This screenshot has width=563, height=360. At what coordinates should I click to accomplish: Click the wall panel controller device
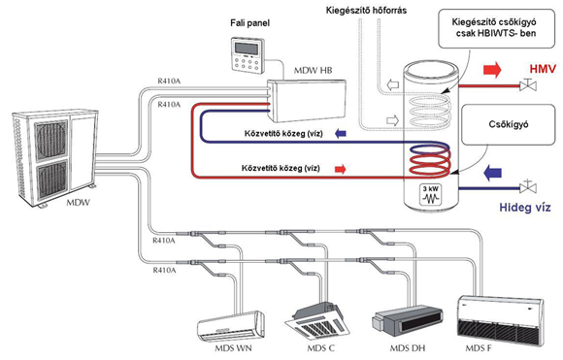[248, 55]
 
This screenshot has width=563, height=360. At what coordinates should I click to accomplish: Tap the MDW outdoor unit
[54, 157]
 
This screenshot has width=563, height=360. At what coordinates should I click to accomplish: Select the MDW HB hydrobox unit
[307, 101]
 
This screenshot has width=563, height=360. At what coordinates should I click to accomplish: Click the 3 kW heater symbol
[431, 195]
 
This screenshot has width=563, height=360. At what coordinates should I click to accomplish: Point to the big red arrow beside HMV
[492, 69]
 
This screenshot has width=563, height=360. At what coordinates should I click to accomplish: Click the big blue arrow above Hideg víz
[492, 173]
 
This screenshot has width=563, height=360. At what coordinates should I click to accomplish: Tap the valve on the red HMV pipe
[528, 85]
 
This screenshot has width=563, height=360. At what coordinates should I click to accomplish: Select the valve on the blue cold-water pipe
[528, 186]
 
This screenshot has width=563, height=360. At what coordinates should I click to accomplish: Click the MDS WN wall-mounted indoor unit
[231, 326]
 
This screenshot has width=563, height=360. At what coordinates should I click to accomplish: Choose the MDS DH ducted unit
[407, 320]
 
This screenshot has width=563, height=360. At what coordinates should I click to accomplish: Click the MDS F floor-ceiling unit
[500, 320]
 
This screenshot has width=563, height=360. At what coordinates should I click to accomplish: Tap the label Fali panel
[249, 23]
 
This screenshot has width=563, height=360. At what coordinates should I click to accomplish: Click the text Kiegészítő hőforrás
[366, 11]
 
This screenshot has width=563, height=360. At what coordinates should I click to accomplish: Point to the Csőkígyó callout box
[508, 124]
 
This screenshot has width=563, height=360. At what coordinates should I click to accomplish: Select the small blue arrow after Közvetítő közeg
[341, 134]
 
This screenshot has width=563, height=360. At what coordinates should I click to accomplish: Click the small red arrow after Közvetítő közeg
[340, 169]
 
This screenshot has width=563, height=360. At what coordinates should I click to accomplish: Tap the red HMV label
[543, 69]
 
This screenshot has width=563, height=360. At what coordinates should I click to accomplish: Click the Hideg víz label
[524, 207]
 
